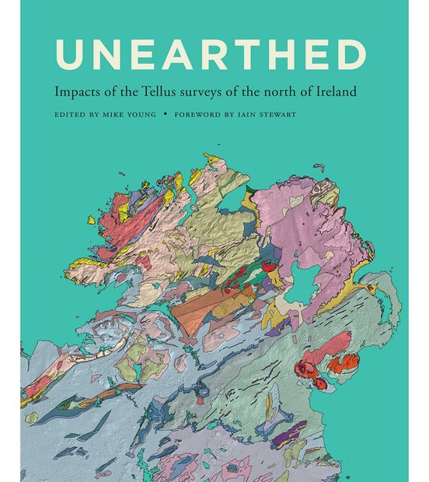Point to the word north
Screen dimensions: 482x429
(x=288, y=92)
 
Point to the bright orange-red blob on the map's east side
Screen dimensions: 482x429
(x=343, y=363)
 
